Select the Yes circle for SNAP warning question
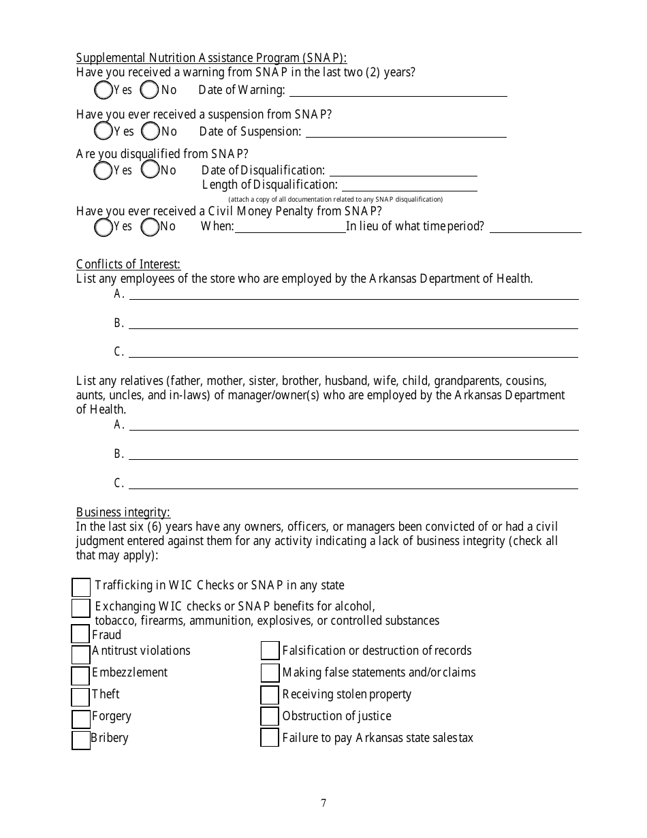(x=103, y=90)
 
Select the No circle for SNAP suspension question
(x=150, y=131)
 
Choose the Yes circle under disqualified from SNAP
(x=103, y=170)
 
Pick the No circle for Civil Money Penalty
(x=150, y=227)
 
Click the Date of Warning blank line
(x=398, y=91)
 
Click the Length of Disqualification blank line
(x=409, y=185)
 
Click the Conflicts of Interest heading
(x=128, y=264)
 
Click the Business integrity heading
(x=123, y=512)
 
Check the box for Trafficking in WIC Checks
(x=81, y=587)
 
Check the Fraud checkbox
(x=80, y=634)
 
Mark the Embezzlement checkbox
(x=80, y=675)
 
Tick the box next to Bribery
(x=81, y=740)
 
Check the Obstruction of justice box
(x=270, y=716)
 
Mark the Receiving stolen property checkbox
(x=270, y=695)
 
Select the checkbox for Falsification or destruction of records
(x=270, y=651)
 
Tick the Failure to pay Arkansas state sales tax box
(x=270, y=738)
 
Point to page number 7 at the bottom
(x=323, y=803)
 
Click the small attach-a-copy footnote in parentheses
(x=335, y=199)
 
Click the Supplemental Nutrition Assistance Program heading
(x=211, y=58)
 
